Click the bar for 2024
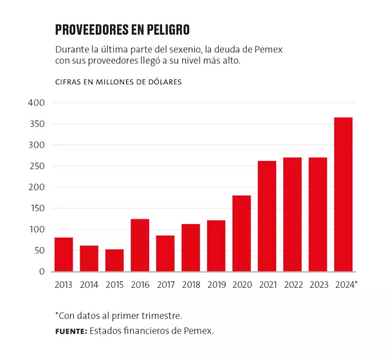pos(343,194)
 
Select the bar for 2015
pos(115,260)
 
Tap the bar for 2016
pos(140,245)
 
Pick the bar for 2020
pos(241,233)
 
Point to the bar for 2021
pos(266,216)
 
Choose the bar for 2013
pos(64,254)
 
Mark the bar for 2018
pos(190,247)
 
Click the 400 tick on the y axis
pos(36,103)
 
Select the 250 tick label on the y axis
pos(36,166)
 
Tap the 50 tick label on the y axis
pos(39,251)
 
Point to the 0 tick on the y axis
pos(41,272)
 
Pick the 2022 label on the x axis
pos(292,284)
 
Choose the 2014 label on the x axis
pos(89,284)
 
